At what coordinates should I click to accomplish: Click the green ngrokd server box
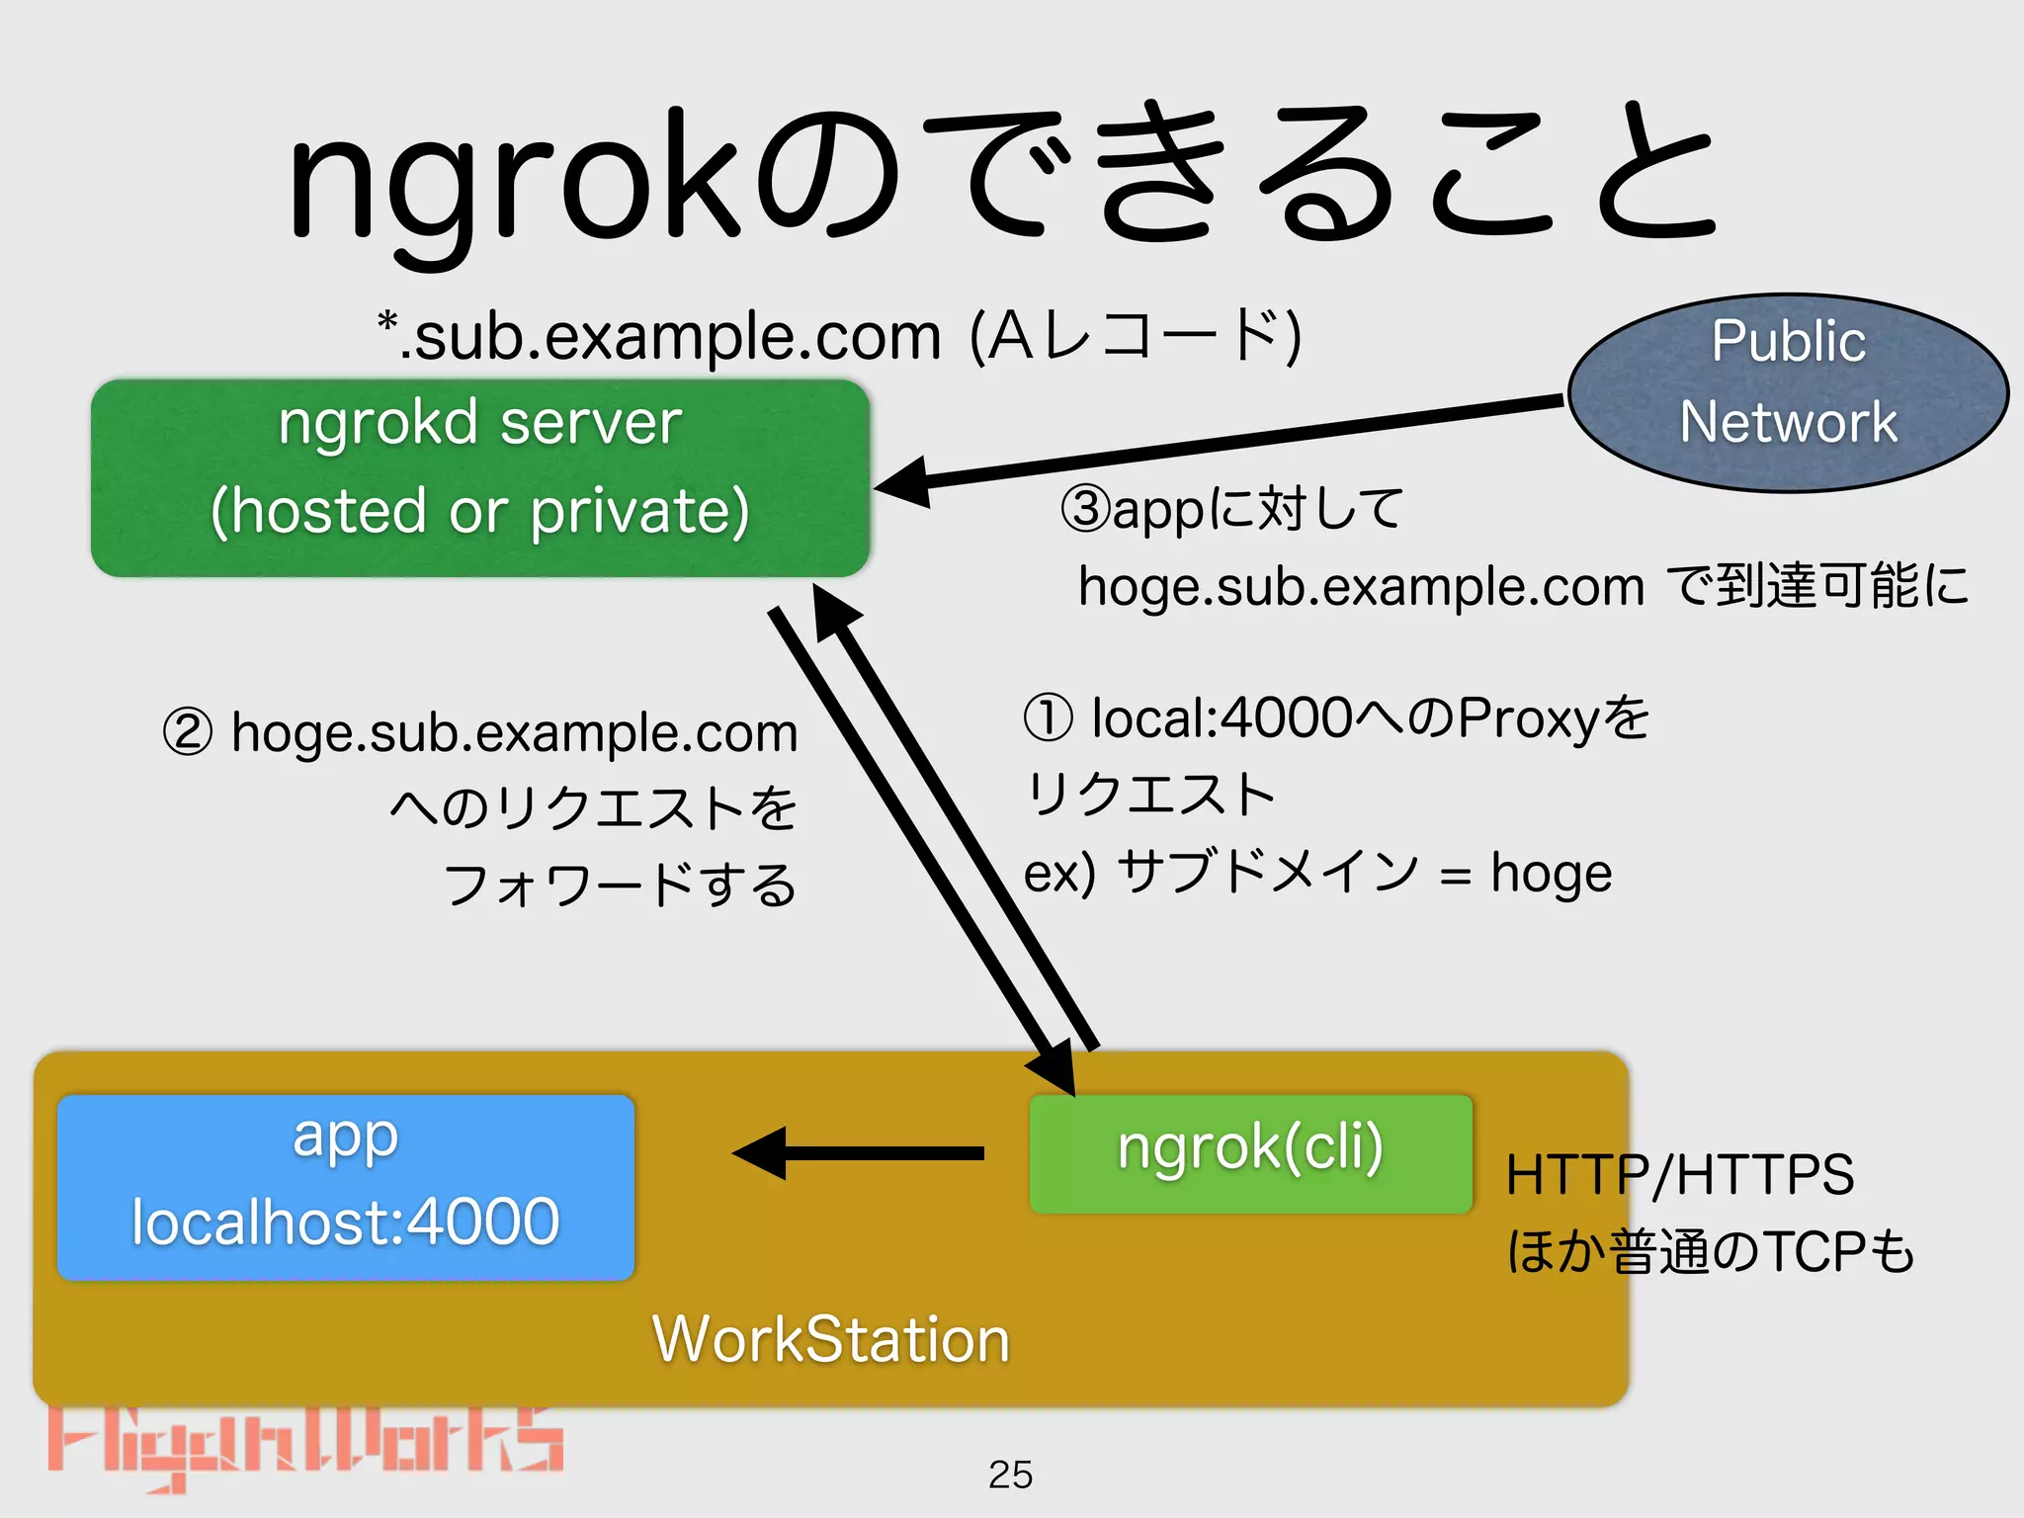[480, 477]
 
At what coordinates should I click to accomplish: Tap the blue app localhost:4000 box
[345, 1186]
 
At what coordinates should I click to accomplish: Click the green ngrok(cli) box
[1250, 1152]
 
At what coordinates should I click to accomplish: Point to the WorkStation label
[830, 1339]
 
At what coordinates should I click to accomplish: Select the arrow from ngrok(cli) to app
[860, 1152]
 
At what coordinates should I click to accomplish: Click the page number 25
[1010, 1475]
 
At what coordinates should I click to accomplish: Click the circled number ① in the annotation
[1048, 717]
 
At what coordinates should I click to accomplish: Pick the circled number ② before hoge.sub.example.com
[188, 733]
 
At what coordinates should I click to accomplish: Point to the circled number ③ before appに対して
[1085, 509]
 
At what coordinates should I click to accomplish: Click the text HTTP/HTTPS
[1679, 1175]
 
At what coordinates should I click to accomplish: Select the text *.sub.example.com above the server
[660, 337]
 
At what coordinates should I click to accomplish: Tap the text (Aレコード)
[1137, 337]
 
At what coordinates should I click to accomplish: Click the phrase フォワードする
[620, 885]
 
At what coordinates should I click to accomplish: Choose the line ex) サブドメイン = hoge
[1317, 873]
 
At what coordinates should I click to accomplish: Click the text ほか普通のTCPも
[1710, 1252]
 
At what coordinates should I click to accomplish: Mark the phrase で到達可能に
[1816, 586]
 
